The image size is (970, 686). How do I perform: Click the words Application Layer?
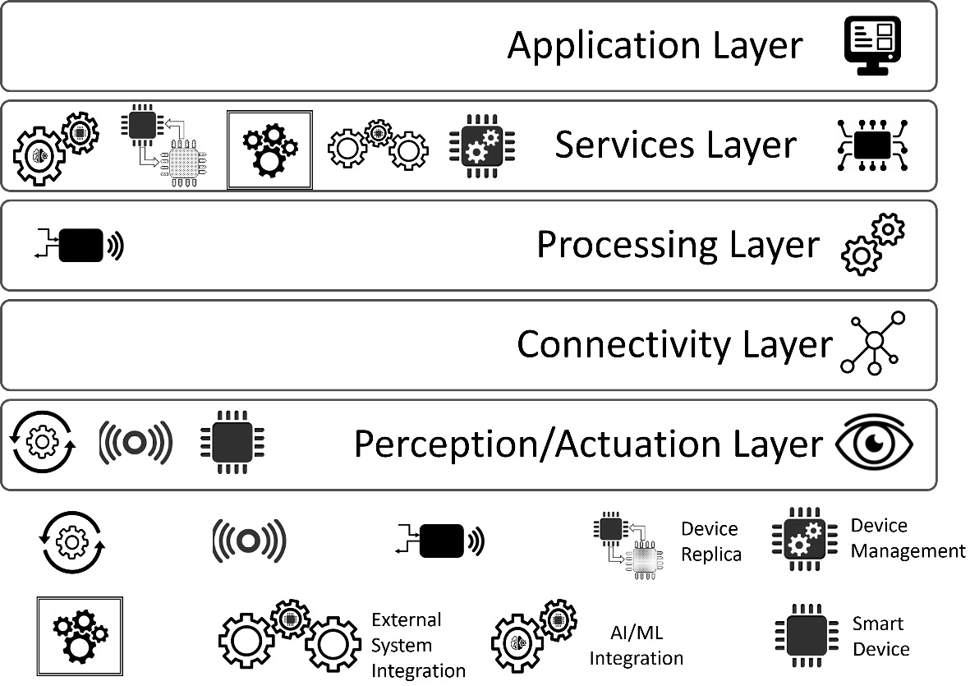[x=655, y=45]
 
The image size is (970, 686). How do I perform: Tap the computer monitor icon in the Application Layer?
[x=874, y=46]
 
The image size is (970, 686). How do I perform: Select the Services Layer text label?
[x=675, y=145]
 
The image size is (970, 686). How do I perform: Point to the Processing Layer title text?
[x=678, y=245]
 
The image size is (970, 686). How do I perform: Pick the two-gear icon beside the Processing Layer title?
[x=873, y=244]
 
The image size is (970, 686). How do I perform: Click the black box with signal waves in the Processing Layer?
[x=80, y=245]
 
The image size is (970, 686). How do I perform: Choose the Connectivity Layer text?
[x=674, y=344]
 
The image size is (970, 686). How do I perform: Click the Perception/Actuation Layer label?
[x=587, y=444]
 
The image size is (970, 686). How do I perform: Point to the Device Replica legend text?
[x=710, y=541]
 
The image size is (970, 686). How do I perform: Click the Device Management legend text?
[x=907, y=538]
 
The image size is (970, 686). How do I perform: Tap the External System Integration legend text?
[x=418, y=645]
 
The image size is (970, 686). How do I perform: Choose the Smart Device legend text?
[x=880, y=637]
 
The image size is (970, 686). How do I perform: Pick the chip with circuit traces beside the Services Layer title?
[x=871, y=145]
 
